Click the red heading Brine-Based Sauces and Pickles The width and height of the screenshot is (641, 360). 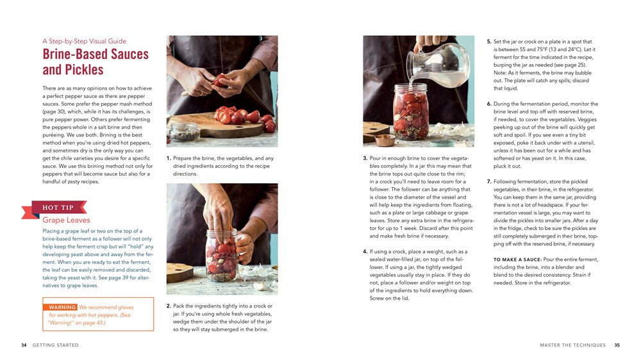(x=95, y=62)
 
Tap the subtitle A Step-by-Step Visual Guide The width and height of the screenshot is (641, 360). (x=84, y=42)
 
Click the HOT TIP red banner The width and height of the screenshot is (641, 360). (x=59, y=208)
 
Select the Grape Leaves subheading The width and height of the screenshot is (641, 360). (x=67, y=220)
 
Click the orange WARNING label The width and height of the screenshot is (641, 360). (x=63, y=307)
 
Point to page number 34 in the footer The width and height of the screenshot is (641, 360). (x=24, y=345)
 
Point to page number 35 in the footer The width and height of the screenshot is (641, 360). (x=617, y=345)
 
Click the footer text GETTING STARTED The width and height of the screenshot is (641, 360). (x=56, y=345)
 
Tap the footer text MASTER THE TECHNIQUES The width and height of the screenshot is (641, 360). (x=572, y=345)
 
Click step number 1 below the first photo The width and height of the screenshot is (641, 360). (x=169, y=158)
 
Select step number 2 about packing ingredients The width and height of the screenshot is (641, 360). (x=169, y=306)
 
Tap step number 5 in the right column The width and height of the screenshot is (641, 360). (x=489, y=42)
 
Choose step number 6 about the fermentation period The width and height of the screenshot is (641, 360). (x=489, y=104)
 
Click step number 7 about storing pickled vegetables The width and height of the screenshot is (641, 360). (x=489, y=182)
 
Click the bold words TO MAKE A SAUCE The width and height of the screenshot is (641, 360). (x=517, y=259)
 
